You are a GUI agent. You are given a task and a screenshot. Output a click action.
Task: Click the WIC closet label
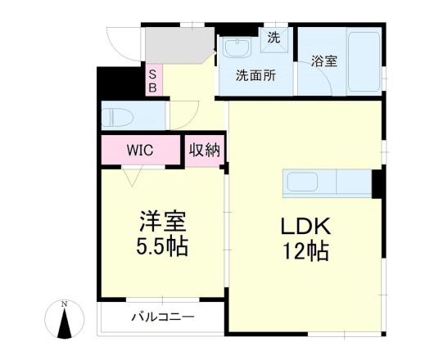coord(140,151)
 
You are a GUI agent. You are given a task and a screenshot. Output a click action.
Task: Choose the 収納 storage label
coord(205,151)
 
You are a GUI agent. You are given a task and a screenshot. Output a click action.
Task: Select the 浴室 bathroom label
coord(324,60)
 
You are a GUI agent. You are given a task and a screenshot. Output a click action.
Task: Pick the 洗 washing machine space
coord(274,37)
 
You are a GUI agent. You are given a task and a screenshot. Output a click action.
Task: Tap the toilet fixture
coord(117,115)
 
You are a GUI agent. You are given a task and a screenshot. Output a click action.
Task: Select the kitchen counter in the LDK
coord(328,182)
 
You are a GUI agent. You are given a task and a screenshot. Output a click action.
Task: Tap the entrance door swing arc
coord(123,45)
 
